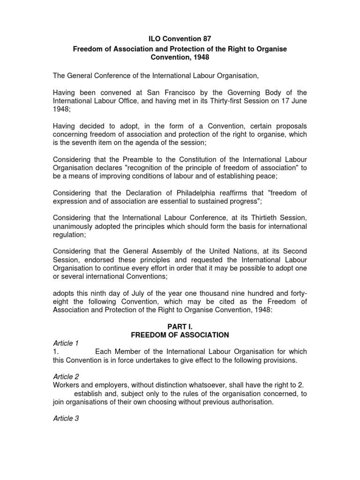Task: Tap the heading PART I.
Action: (180, 326)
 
